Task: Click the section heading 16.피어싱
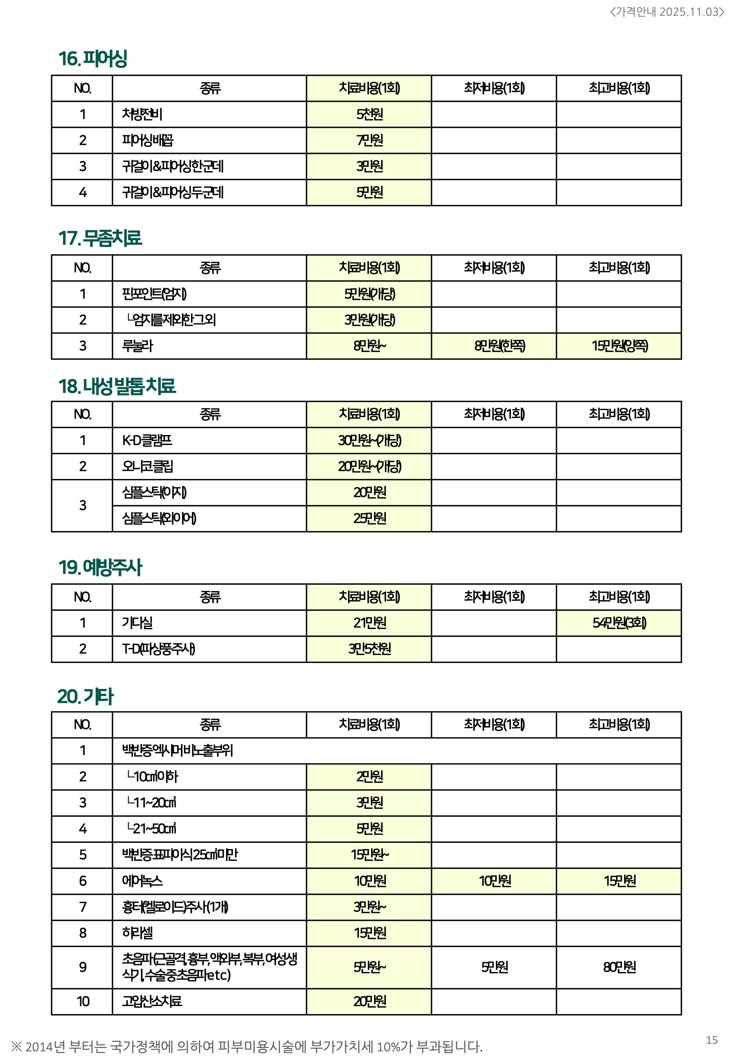click(x=93, y=59)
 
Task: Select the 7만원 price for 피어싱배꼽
click(x=369, y=140)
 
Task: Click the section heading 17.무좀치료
click(x=100, y=238)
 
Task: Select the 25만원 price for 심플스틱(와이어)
click(x=369, y=518)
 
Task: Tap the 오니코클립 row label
click(x=148, y=467)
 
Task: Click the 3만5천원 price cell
click(x=369, y=649)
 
